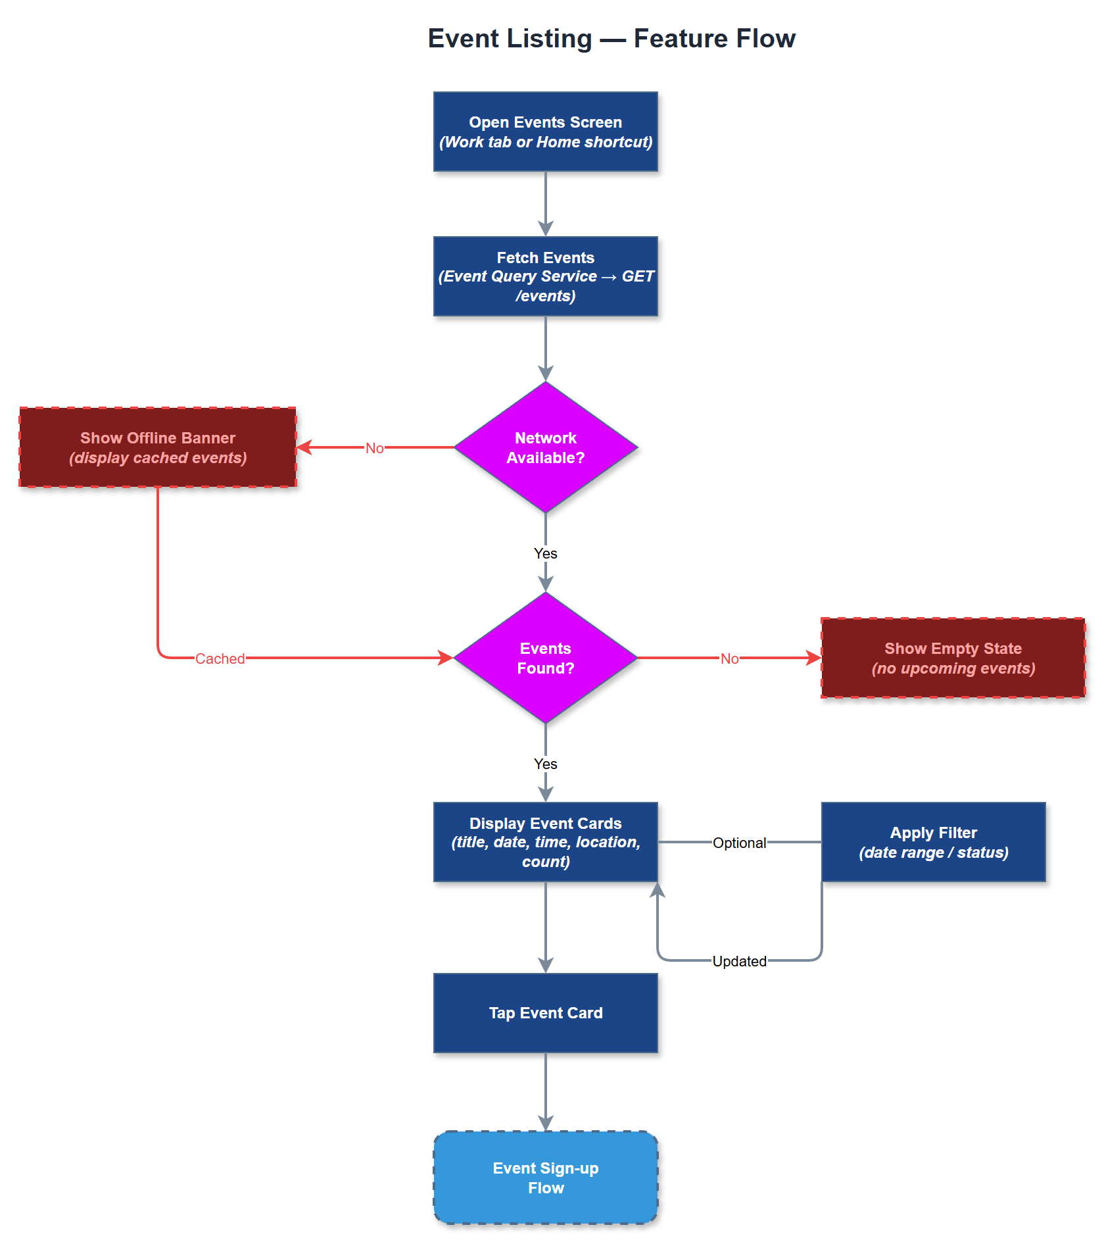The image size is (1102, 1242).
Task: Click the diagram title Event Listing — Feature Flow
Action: pos(611,39)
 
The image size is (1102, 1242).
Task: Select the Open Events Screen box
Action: pos(546,132)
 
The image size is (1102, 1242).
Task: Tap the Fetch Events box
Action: pos(546,276)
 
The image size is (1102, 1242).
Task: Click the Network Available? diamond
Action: pos(546,447)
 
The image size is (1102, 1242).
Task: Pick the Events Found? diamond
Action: pos(546,658)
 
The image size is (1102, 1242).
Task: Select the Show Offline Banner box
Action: pos(158,447)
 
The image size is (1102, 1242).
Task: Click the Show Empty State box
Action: pos(953,658)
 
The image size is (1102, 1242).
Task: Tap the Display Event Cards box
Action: pos(546,842)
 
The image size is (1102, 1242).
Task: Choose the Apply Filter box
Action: pos(933,842)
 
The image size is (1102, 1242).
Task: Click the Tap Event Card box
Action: pos(546,1013)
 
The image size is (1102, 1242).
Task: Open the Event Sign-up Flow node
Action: pos(546,1178)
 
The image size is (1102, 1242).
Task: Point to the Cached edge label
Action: pos(220,658)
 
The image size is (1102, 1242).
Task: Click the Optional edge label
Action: pos(739,843)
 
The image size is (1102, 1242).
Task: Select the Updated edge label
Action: pos(739,961)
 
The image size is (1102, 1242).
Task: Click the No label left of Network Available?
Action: pos(374,448)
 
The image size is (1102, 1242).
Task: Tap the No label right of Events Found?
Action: pos(729,658)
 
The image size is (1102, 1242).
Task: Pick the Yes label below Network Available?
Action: pos(546,553)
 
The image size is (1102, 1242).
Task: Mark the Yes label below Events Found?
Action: pos(546,764)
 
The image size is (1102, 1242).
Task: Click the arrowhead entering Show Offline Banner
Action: pos(303,447)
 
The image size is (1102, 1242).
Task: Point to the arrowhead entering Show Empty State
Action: pos(815,658)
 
